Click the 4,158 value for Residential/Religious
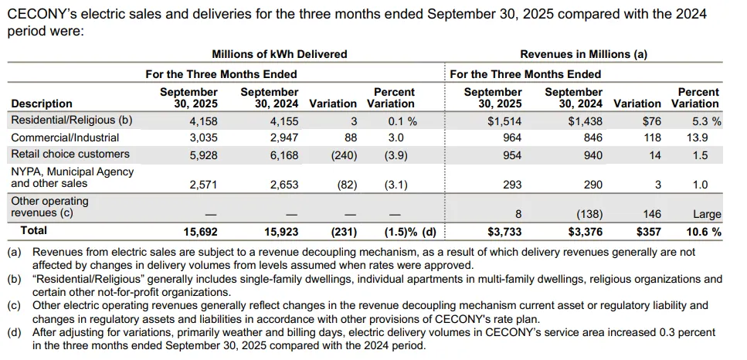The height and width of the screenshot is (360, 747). pyautogui.click(x=203, y=121)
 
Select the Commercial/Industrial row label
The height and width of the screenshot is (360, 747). pyautogui.click(x=65, y=138)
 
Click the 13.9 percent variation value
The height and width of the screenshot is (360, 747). pyautogui.click(x=698, y=138)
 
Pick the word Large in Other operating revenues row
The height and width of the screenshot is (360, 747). pyautogui.click(x=707, y=214)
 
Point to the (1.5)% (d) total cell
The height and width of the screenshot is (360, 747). pyautogui.click(x=410, y=231)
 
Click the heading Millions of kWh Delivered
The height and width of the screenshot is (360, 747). pyautogui.click(x=280, y=54)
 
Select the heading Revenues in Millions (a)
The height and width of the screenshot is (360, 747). pyautogui.click(x=584, y=54)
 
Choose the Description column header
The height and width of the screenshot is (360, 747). pyautogui.click(x=42, y=104)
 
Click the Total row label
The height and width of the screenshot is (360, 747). pyautogui.click(x=33, y=230)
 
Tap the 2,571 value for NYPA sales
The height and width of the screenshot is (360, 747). pyautogui.click(x=203, y=185)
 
